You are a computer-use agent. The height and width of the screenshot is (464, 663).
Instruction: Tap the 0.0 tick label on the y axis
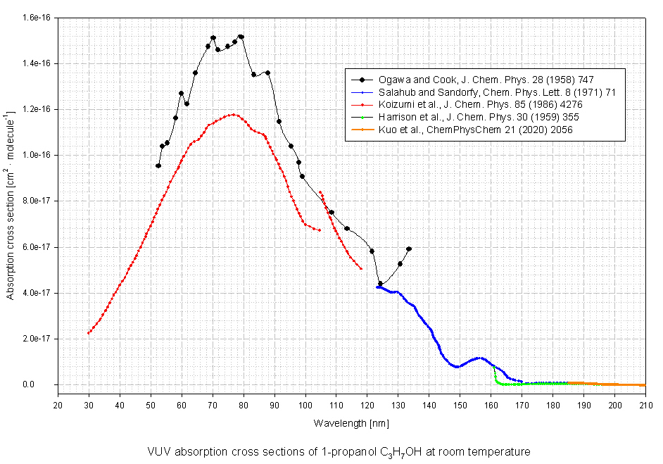pyautogui.click(x=46, y=385)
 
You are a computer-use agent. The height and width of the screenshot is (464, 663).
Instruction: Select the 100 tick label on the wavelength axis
pyautogui.click(x=305, y=403)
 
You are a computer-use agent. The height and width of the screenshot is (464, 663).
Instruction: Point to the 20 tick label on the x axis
pyautogui.click(x=58, y=403)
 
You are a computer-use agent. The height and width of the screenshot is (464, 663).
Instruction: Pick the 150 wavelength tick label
pyautogui.click(x=460, y=403)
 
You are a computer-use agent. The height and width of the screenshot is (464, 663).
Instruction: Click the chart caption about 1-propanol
pyautogui.click(x=338, y=451)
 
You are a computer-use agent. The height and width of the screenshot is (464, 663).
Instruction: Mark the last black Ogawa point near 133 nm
pyautogui.click(x=409, y=249)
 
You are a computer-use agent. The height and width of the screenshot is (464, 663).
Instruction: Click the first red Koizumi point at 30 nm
pyautogui.click(x=89, y=333)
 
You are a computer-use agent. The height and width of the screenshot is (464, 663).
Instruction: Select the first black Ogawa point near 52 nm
pyautogui.click(x=158, y=165)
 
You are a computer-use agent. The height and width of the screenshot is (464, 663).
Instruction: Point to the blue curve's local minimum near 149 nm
pyautogui.click(x=457, y=367)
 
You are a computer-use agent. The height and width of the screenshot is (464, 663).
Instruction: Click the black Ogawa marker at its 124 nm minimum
pyautogui.click(x=380, y=283)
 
